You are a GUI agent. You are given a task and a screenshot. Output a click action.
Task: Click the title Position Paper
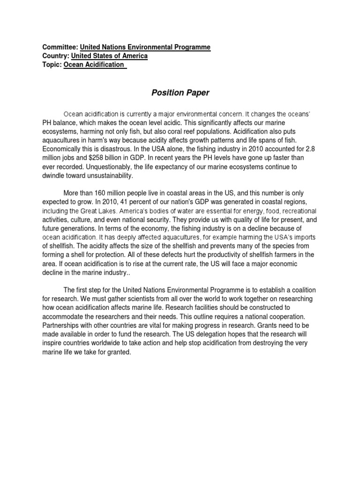180,93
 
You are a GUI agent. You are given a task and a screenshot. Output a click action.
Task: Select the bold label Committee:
60,47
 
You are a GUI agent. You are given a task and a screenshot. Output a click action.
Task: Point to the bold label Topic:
52,65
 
